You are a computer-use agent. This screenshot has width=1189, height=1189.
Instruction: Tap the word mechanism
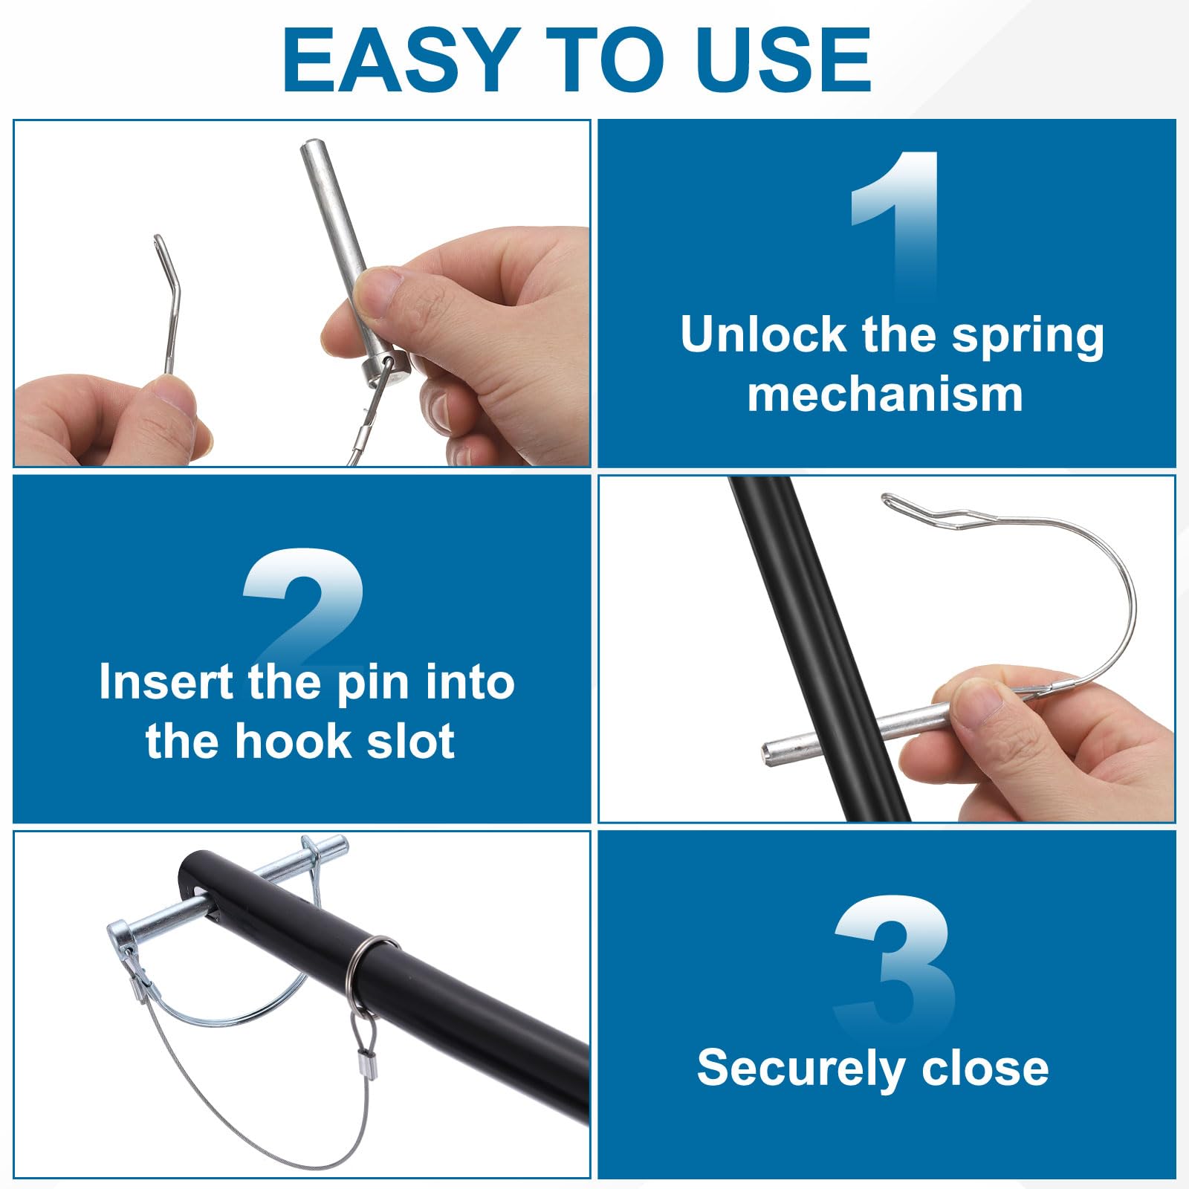[886, 394]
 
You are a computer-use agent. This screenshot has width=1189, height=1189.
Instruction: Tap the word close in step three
[985, 1068]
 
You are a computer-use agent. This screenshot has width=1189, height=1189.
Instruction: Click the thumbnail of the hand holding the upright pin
[302, 294]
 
